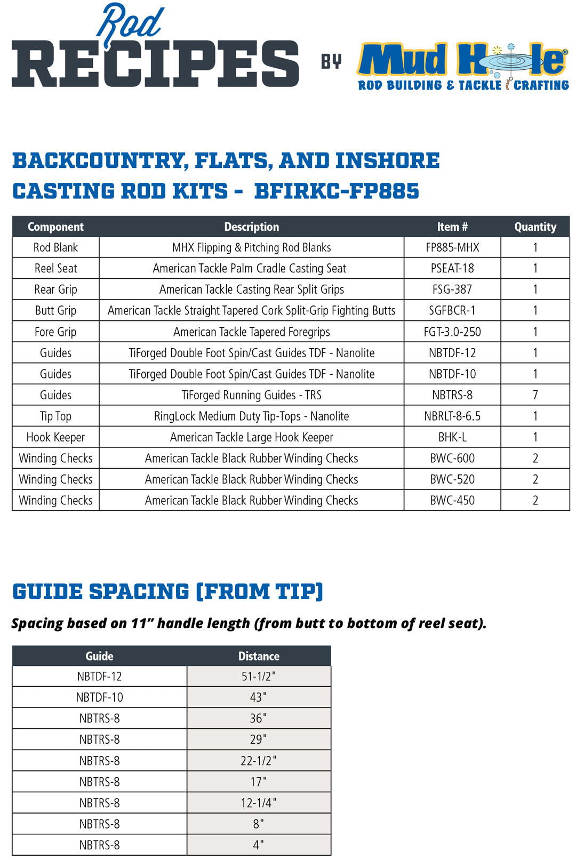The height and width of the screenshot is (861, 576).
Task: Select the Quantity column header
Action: point(535,227)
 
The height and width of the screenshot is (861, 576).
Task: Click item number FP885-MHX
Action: point(452,247)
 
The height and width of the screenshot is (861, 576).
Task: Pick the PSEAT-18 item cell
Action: point(452,268)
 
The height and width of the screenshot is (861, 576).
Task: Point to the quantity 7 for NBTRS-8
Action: point(535,395)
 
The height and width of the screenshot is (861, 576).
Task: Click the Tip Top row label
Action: point(55,416)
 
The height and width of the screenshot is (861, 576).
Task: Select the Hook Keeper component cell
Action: point(55,437)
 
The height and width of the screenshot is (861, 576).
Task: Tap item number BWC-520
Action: point(452,479)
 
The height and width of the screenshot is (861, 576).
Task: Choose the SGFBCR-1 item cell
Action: point(452,310)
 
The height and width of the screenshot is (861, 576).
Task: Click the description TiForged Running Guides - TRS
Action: point(251,395)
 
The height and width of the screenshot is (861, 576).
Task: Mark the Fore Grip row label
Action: point(55,332)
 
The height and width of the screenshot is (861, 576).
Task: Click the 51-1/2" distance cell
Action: point(259,676)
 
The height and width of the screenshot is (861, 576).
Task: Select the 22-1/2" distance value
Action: point(259,761)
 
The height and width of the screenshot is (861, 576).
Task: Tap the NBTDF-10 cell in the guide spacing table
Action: point(100,697)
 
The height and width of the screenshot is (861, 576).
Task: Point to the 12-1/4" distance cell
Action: point(259,803)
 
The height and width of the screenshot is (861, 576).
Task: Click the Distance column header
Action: point(259,656)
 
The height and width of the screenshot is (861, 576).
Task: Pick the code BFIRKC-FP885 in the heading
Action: point(337,191)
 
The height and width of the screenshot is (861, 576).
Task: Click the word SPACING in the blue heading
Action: point(139,592)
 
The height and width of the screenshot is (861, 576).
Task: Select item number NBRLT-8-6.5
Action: point(452,416)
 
